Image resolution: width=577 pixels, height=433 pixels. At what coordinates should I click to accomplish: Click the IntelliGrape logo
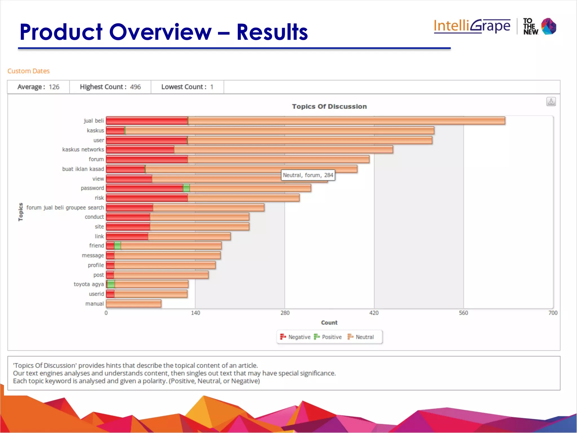472,26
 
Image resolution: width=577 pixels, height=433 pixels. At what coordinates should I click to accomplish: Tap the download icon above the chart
551,101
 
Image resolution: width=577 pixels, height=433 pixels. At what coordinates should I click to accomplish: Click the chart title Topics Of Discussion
329,107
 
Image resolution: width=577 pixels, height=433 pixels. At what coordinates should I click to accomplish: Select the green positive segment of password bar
186,188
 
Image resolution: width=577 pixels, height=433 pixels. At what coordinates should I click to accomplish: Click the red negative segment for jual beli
147,121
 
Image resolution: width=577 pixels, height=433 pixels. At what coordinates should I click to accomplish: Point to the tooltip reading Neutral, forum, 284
308,175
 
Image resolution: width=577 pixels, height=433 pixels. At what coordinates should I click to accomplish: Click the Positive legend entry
328,337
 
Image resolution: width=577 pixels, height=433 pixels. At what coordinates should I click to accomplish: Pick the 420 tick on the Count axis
374,313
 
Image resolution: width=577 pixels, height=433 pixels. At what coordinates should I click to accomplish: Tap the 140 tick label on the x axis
195,313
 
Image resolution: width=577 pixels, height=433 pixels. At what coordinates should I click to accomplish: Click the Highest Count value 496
135,87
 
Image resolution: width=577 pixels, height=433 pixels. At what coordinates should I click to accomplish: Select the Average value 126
54,87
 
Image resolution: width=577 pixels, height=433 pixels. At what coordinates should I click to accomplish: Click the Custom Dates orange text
28,71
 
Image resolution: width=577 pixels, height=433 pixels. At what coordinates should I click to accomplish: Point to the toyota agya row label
88,284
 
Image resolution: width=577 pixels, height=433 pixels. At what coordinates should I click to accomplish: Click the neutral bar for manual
134,304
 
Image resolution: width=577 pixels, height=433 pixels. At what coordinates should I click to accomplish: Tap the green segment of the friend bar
117,246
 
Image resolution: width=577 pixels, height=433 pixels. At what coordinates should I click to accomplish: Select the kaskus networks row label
83,150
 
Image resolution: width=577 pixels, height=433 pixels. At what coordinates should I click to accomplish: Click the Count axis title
329,322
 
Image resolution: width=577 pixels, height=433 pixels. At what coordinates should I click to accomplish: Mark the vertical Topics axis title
21,212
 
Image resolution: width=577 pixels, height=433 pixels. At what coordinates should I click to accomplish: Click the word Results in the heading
272,32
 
